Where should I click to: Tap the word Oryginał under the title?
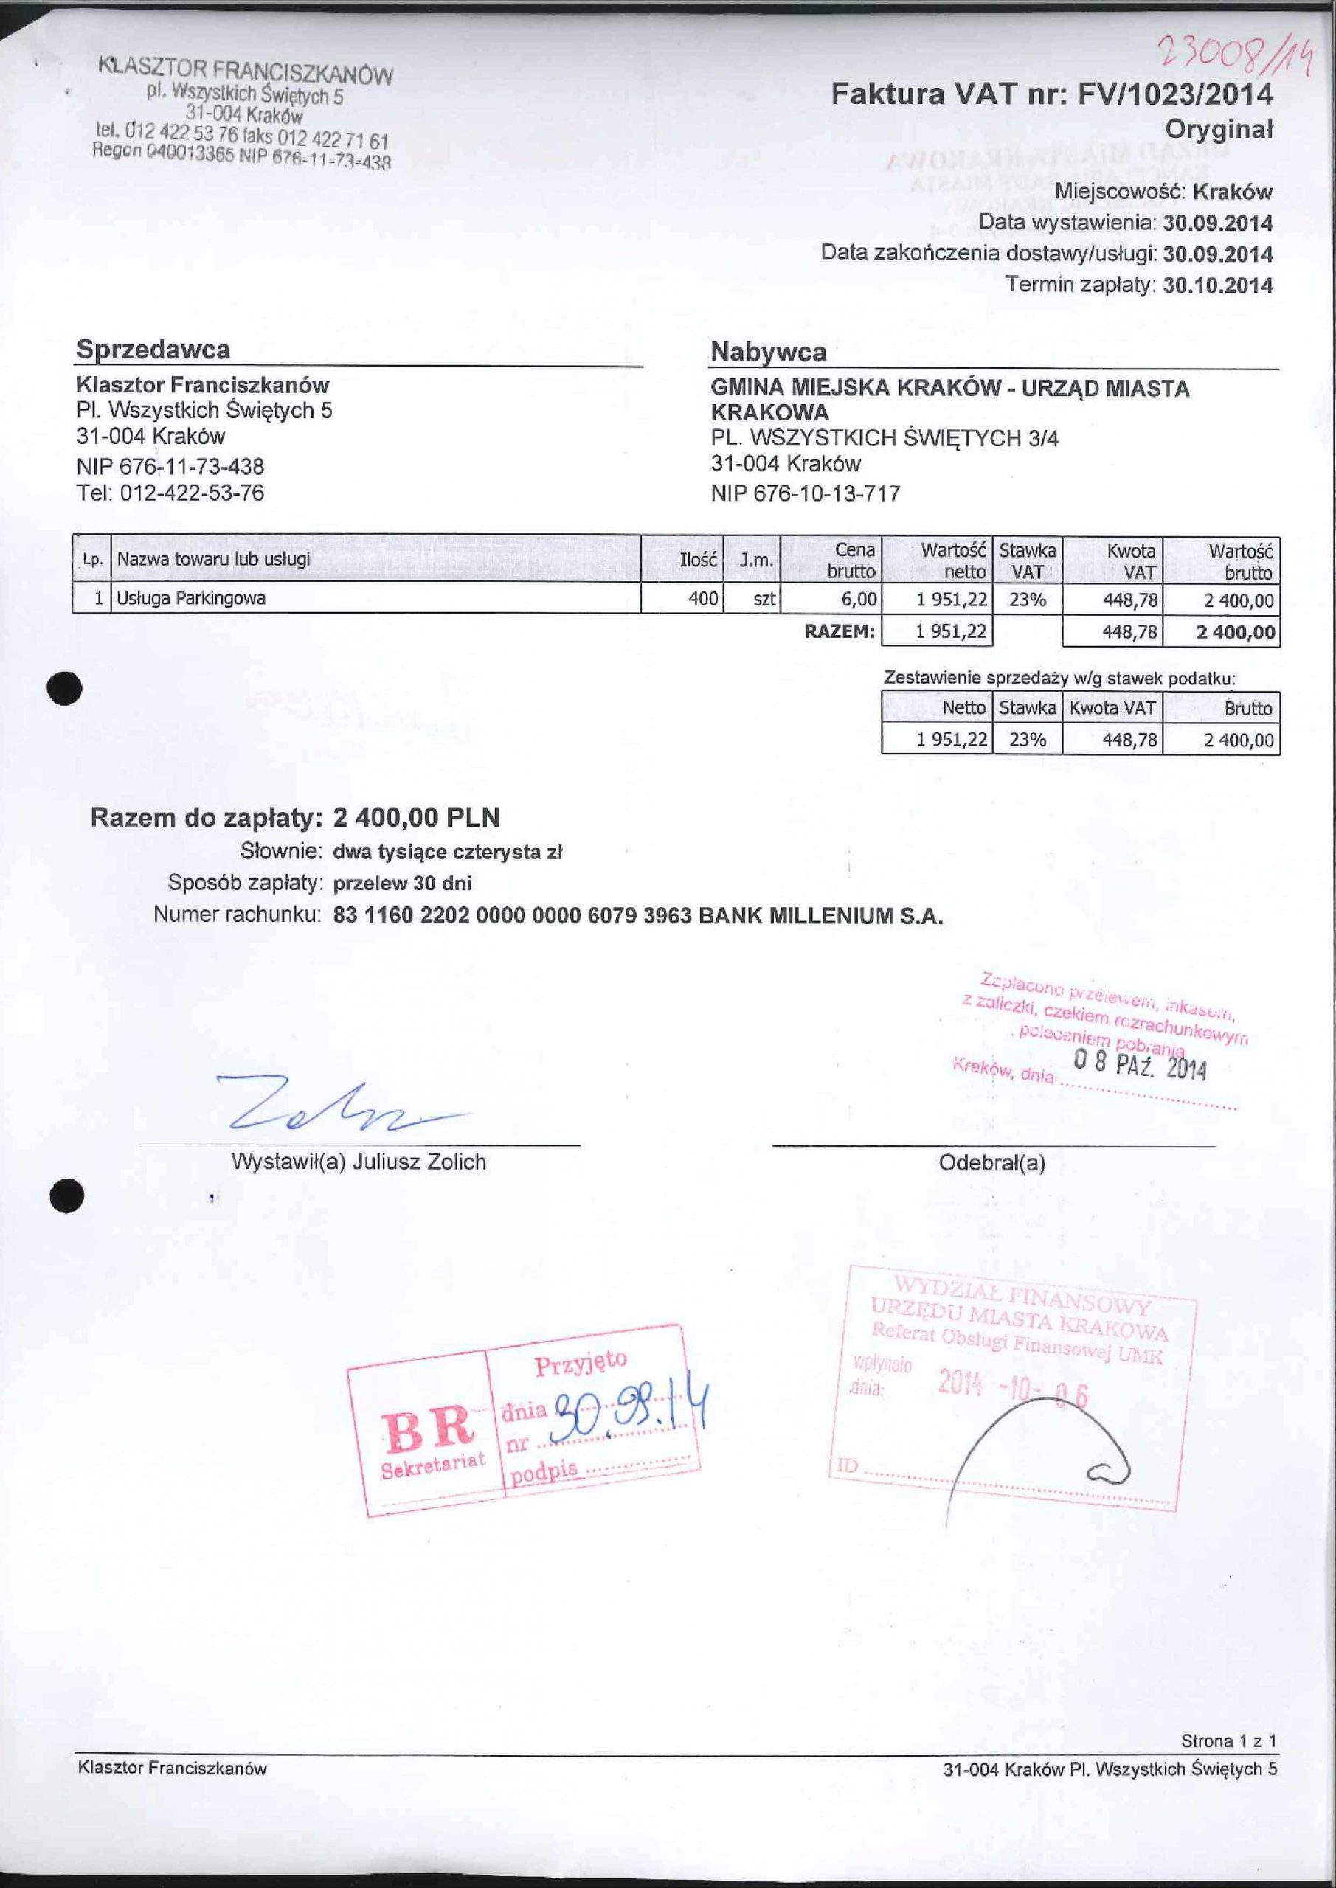pyautogui.click(x=1219, y=130)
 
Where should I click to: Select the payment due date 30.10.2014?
pyautogui.click(x=1219, y=285)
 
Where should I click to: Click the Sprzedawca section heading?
pyautogui.click(x=153, y=350)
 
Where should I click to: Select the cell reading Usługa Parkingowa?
pyautogui.click(x=191, y=599)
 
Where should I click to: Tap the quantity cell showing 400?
pyautogui.click(x=702, y=599)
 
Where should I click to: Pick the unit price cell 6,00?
pyautogui.click(x=858, y=600)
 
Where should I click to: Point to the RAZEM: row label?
pyautogui.click(x=839, y=631)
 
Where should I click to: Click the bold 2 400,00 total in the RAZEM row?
pyautogui.click(x=1236, y=632)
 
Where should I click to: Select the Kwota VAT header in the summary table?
pyautogui.click(x=1112, y=708)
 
